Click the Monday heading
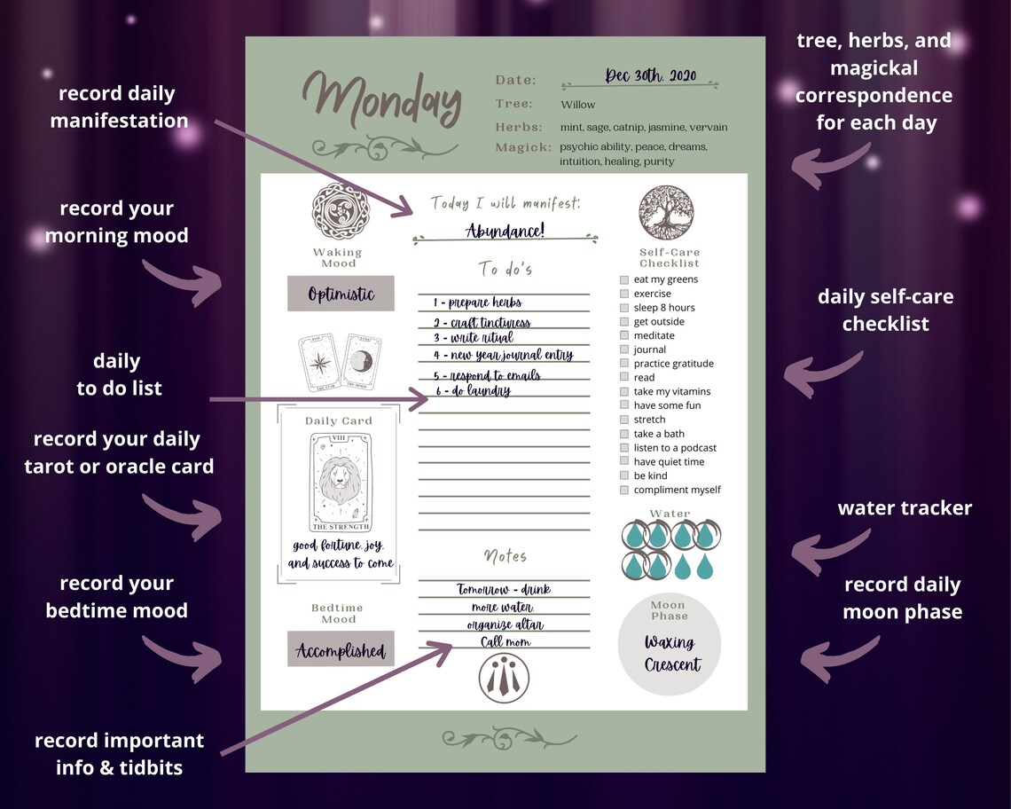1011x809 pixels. (383, 99)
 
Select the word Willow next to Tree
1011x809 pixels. (578, 105)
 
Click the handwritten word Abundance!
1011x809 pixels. (505, 232)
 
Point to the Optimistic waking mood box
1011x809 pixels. (341, 294)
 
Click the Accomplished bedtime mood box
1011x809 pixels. (341, 650)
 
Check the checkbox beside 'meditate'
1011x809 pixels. (624, 335)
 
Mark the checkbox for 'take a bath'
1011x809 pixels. (624, 434)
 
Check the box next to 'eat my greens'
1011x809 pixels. (624, 279)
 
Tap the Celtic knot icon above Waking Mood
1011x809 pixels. (338, 210)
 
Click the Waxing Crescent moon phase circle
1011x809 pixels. (670, 647)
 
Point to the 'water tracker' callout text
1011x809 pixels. (905, 508)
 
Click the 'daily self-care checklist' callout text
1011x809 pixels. (885, 310)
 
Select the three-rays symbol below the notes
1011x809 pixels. (504, 678)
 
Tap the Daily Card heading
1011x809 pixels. (339, 420)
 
